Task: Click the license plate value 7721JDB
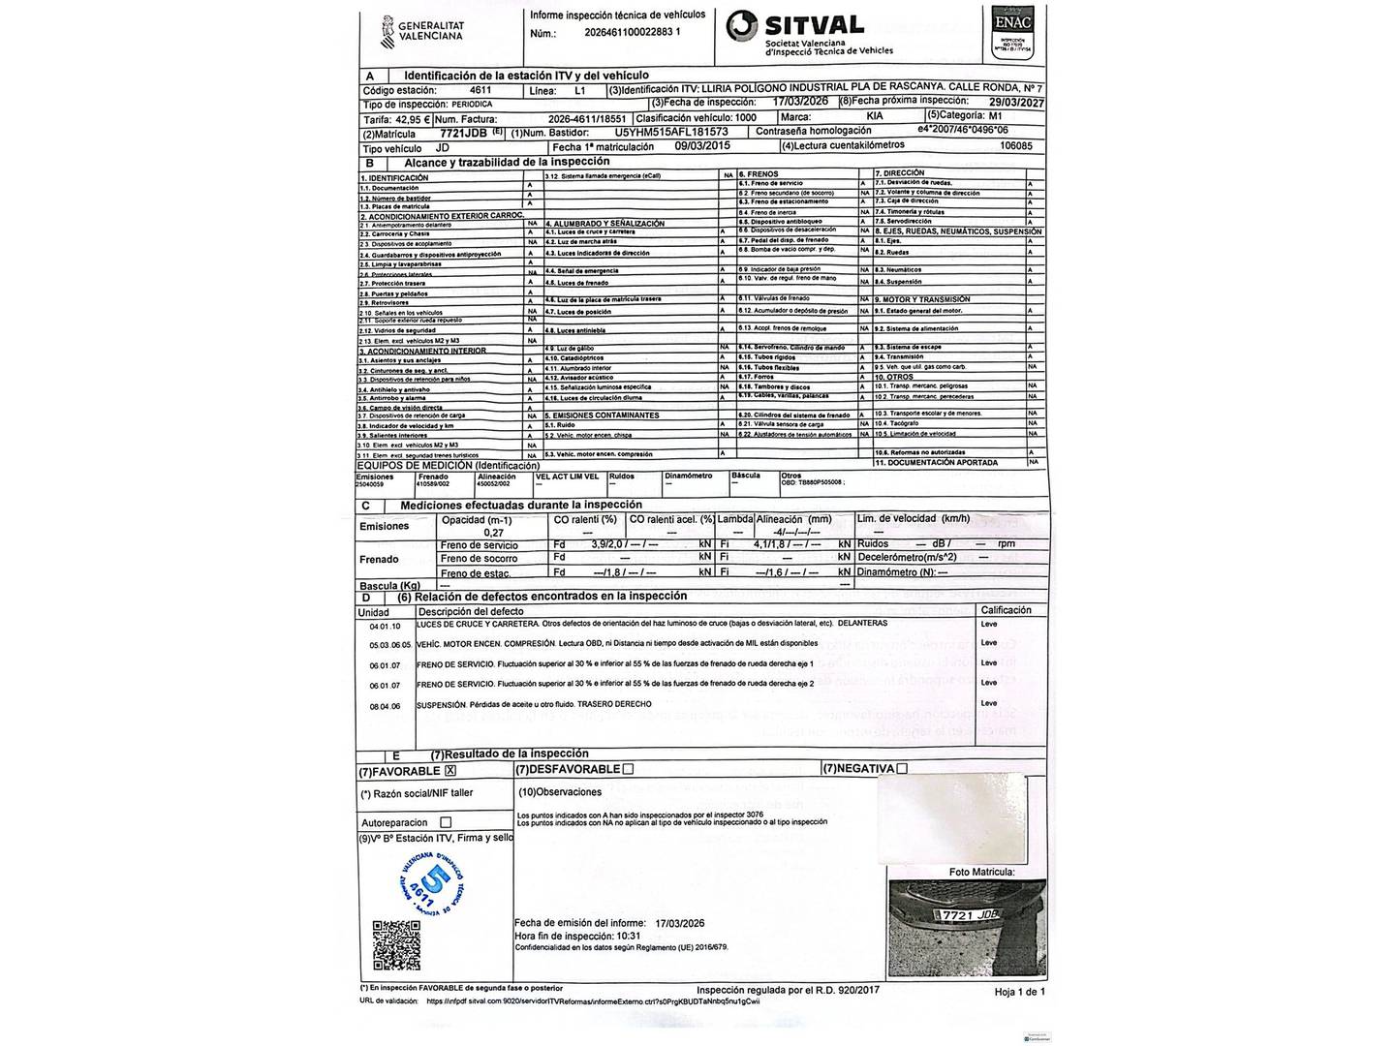tap(463, 134)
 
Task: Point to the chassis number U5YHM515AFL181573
tap(671, 132)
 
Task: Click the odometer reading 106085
tap(1015, 146)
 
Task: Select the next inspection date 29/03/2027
tap(1009, 102)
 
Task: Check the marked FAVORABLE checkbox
tap(450, 771)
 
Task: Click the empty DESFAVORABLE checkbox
tap(628, 769)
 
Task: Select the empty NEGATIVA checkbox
tap(902, 769)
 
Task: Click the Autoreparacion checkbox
tap(446, 822)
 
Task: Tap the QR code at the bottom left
tap(397, 945)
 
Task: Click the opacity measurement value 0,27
tap(493, 533)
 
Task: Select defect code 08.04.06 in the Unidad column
tap(385, 706)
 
